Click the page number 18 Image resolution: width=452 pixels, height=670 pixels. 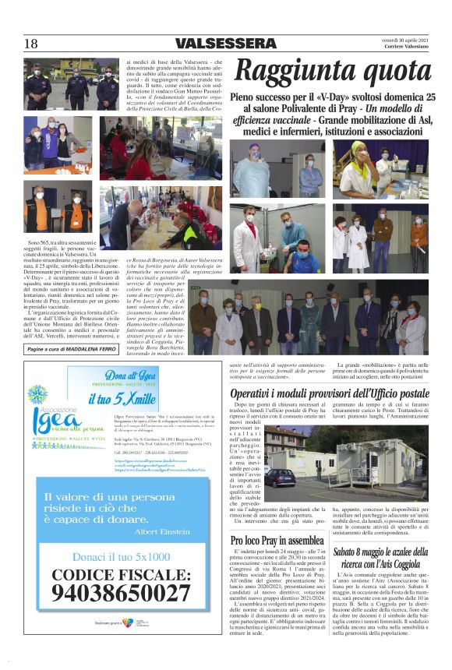click(30, 44)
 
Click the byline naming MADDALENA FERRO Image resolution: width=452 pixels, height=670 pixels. click(71, 350)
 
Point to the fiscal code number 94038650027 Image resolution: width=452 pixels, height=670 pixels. click(121, 593)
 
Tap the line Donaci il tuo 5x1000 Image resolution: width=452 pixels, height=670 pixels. click(121, 556)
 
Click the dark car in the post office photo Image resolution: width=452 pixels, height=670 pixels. click(280, 477)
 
